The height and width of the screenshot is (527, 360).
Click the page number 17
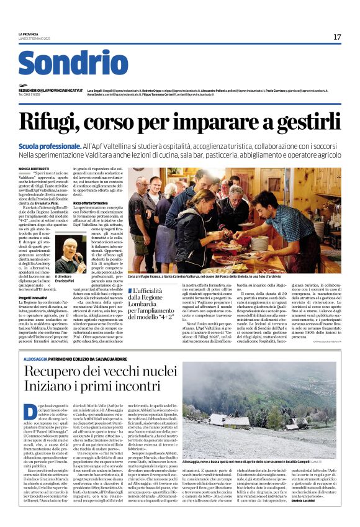[337, 37]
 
